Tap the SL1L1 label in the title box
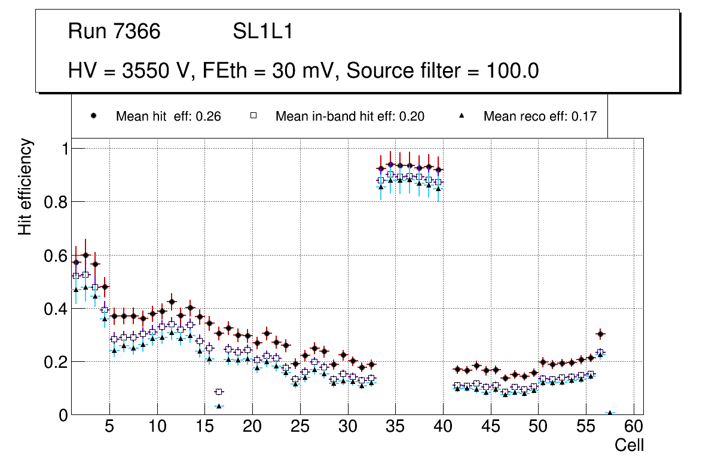click(262, 32)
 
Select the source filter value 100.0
click(509, 71)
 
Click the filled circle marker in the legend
click(93, 116)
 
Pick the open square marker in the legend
click(253, 116)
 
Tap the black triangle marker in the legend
click(461, 116)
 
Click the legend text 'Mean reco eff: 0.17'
click(539, 116)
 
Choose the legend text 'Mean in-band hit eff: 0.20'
click(350, 116)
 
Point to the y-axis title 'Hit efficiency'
click(25, 187)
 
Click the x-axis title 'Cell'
click(630, 445)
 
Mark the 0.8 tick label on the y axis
click(55, 202)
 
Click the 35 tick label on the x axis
click(395, 428)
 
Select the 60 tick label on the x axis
click(634, 428)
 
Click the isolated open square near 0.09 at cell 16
click(219, 392)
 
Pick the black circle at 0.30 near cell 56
click(600, 334)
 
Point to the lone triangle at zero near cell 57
click(610, 413)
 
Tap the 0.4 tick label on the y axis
click(55, 309)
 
